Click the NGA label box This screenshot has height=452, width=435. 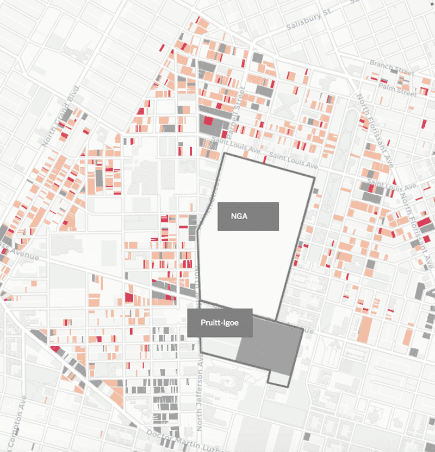pyautogui.click(x=248, y=216)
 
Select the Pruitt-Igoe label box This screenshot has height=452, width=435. pyautogui.click(x=220, y=323)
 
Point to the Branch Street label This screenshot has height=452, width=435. pyautogui.click(x=391, y=67)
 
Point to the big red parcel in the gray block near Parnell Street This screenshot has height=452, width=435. pyautogui.click(x=208, y=122)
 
